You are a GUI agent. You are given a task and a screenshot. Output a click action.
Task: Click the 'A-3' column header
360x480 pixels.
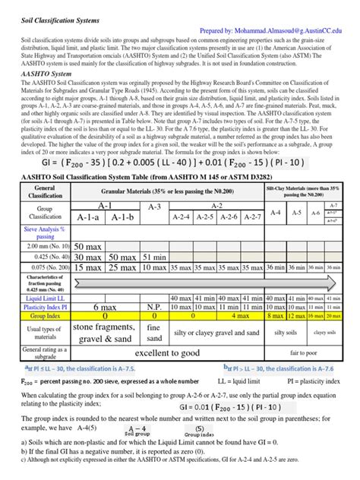tap(155, 207)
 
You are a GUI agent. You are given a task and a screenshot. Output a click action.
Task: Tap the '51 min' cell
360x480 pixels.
tap(155, 257)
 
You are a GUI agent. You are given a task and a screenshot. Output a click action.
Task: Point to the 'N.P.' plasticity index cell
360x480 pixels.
tap(155, 306)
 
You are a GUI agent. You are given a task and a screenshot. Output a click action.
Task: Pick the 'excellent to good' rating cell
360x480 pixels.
tap(168, 353)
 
